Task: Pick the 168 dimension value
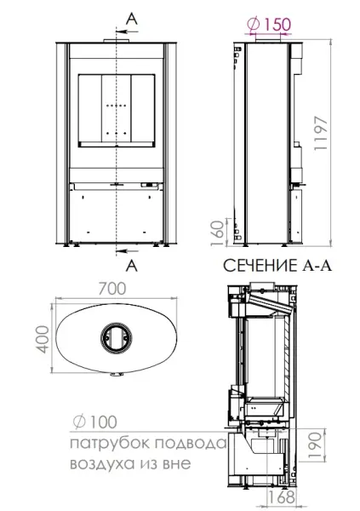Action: [x=276, y=497]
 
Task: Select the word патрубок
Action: [x=104, y=444]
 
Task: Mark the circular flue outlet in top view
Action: [x=114, y=338]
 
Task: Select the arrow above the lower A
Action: [x=123, y=250]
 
